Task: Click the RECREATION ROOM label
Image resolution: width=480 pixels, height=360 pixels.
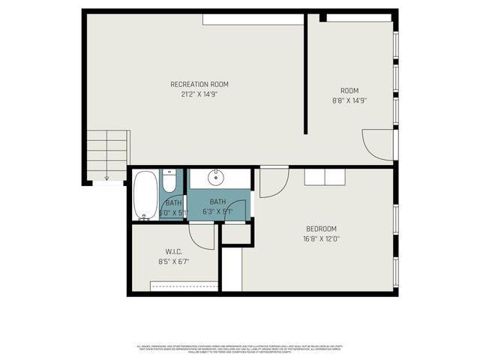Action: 199,84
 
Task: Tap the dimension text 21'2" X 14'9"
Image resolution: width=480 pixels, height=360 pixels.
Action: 199,94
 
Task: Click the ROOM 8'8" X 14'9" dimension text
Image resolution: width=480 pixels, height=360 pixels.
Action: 349,100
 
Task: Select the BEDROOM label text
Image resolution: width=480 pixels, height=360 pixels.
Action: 321,229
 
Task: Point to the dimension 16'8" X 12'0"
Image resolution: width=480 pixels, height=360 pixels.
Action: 321,239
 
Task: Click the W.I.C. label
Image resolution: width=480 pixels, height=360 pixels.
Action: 173,251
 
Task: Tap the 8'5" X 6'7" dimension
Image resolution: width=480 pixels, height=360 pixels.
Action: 173,262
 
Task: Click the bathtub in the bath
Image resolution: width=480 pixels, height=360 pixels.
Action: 145,195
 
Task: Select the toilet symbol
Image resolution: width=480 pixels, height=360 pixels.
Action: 169,184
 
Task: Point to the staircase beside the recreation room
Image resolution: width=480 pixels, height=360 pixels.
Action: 107,154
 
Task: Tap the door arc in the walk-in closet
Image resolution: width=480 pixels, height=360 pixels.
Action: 202,234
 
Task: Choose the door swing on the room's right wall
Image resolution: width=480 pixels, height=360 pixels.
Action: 378,142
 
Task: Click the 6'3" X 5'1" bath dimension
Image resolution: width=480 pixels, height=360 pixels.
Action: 217,211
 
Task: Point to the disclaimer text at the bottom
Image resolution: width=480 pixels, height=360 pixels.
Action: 240,348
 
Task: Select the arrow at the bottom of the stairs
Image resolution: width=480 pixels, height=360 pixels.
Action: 106,178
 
